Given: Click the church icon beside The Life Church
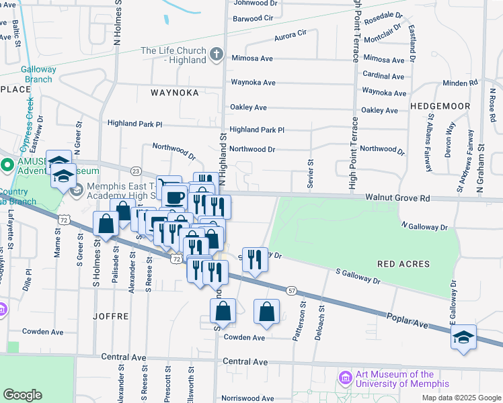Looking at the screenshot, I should point(216,54).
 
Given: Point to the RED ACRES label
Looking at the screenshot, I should point(404,265).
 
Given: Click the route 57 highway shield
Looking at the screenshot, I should point(291,289).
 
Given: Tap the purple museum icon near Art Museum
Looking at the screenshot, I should point(346,378).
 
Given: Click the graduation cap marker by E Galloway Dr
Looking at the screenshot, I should point(463,337).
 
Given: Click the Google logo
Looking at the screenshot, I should point(22,395).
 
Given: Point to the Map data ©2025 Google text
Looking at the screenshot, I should point(461,398).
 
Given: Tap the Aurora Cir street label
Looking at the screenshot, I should point(290,32).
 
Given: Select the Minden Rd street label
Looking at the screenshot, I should point(460,83).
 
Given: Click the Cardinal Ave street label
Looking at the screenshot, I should point(383,75).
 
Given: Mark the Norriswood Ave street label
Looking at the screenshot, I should point(247,398).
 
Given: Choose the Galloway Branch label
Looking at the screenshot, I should point(38,74).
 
